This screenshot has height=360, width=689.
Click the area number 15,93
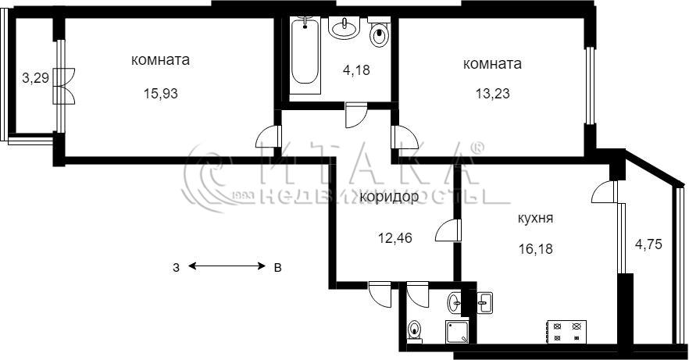tap(161, 94)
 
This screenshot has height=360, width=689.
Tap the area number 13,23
tap(493, 94)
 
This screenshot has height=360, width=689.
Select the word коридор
tap(389, 197)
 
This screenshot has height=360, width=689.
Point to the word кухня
tap(535, 218)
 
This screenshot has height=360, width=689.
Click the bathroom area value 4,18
tap(356, 70)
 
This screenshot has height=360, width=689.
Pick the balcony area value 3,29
tap(35, 79)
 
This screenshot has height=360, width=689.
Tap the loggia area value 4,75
tap(648, 244)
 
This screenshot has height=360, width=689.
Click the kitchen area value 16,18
tap(535, 249)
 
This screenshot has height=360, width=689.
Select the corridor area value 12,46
tap(395, 238)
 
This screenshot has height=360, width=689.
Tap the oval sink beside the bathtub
tap(344, 28)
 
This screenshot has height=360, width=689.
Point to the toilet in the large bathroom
tap(379, 33)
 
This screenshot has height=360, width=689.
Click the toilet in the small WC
tap(414, 331)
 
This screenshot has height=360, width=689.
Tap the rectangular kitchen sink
tap(485, 302)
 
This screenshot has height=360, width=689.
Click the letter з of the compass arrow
tap(176, 267)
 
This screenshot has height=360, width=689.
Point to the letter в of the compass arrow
tap(277, 267)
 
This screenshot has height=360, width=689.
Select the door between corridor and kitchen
tap(448, 230)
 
